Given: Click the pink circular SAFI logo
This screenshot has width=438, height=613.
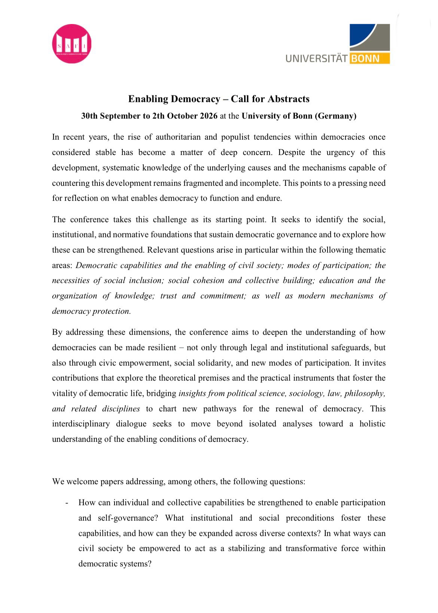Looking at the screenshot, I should [x=72, y=44].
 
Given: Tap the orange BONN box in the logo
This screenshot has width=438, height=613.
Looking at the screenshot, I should [x=369, y=58].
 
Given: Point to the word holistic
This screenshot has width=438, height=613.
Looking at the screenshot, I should [x=372, y=424].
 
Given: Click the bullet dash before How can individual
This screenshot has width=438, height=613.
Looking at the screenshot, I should [x=67, y=503].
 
